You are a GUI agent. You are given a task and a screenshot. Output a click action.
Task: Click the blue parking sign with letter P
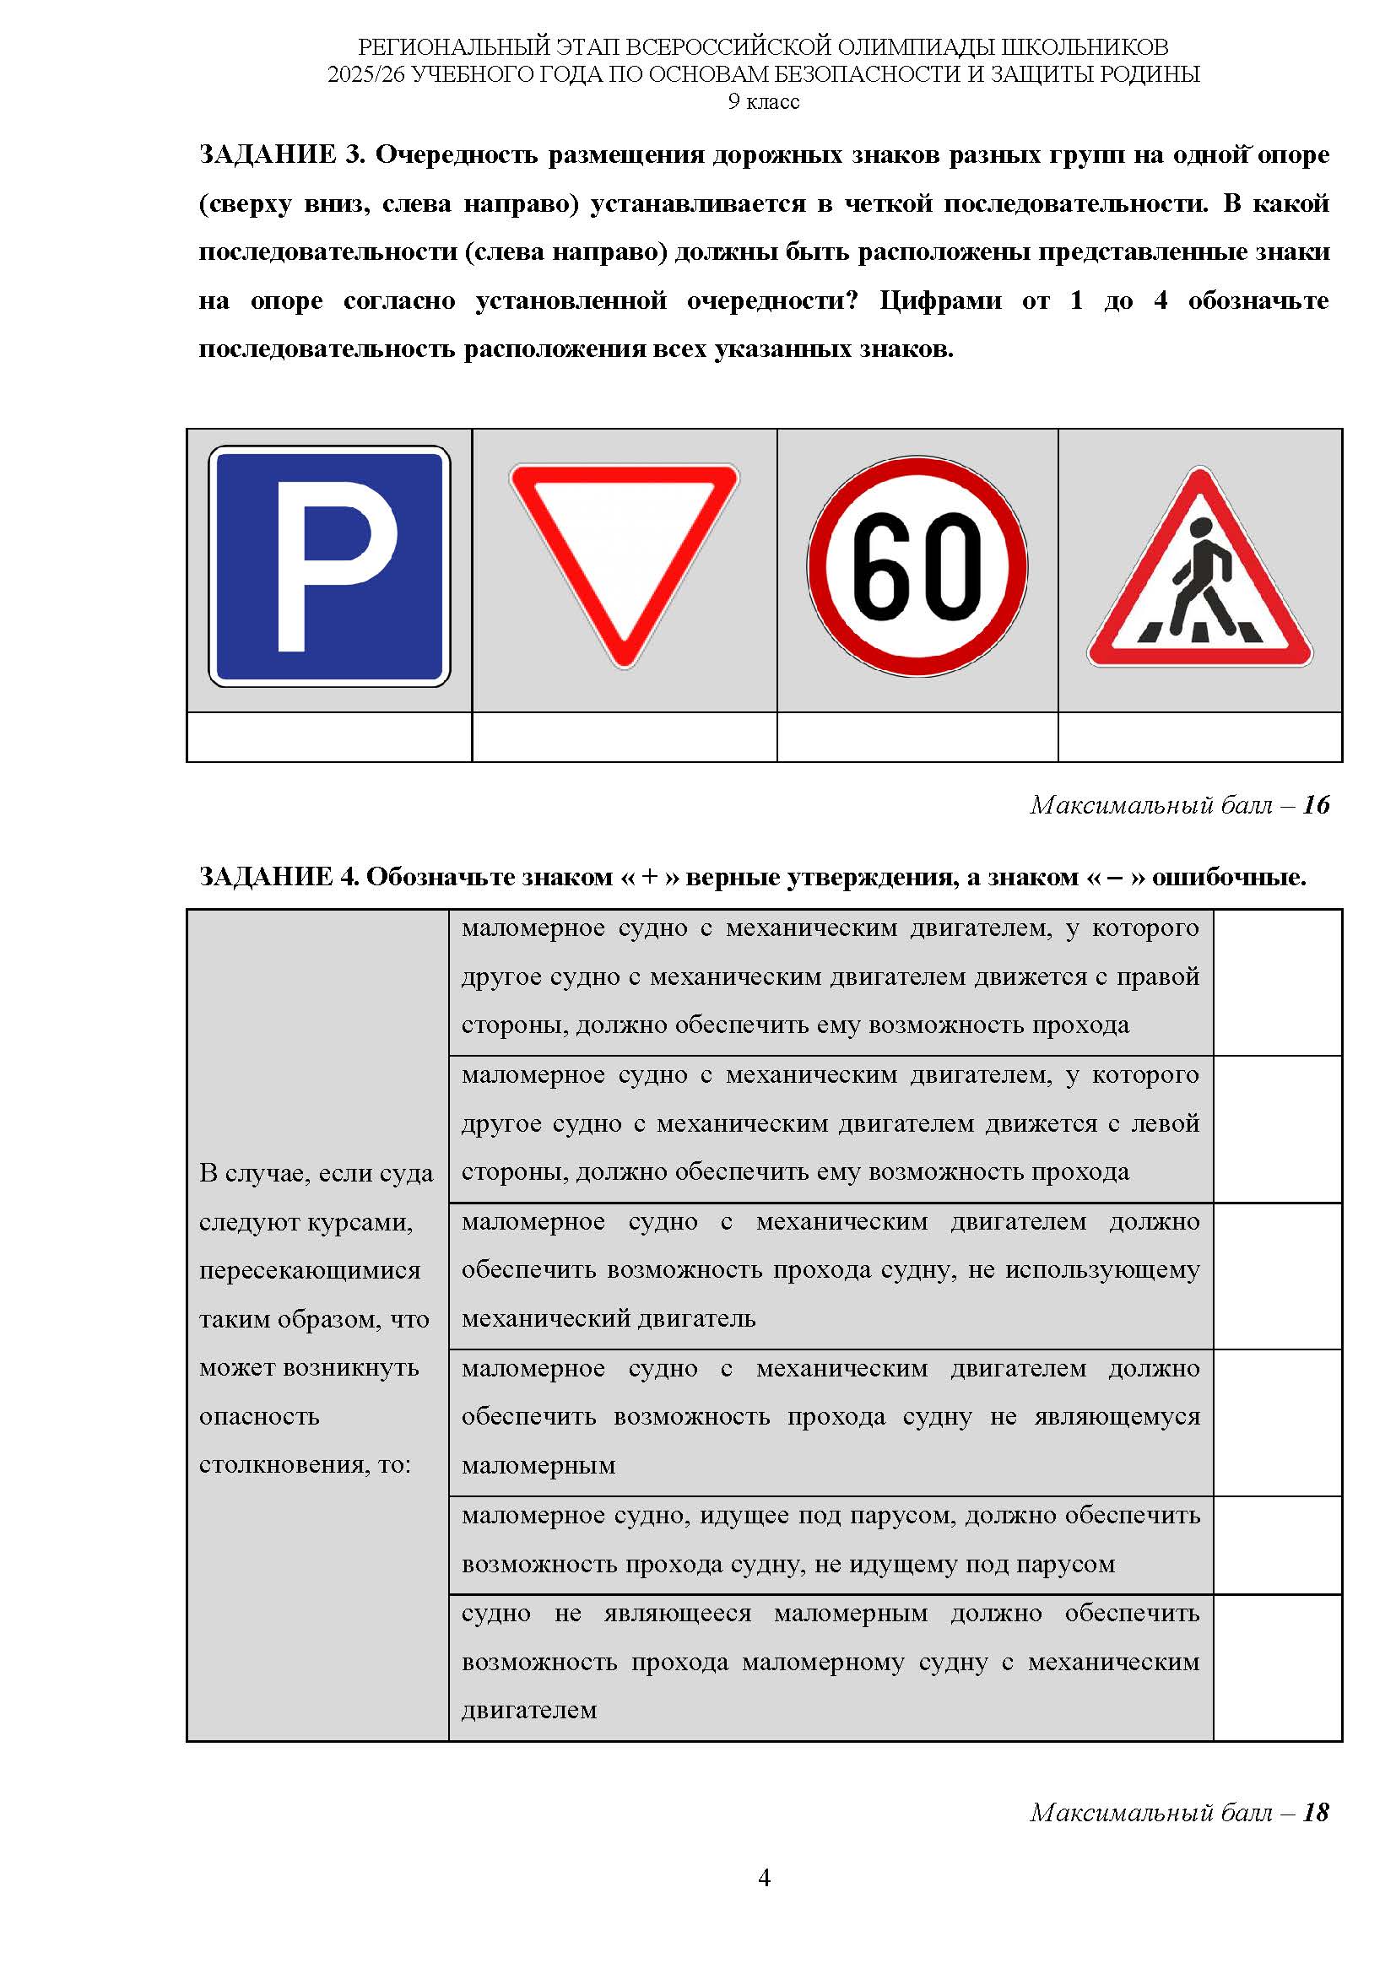329,565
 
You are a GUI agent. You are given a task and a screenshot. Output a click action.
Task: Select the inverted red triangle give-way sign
624,550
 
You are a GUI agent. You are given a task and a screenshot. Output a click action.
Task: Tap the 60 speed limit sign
917,566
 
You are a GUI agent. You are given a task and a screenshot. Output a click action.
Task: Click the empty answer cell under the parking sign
329,737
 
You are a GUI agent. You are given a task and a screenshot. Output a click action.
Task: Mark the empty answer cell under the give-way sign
624,737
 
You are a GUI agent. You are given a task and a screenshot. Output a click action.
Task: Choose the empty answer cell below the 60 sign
917,737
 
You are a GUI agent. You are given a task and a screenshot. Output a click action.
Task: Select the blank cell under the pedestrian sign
1199,737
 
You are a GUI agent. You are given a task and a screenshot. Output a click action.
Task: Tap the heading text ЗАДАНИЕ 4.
278,877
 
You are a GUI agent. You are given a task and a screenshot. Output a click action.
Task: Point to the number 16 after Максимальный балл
1315,805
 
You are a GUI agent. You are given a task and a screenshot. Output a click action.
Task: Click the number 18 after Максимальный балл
1315,1812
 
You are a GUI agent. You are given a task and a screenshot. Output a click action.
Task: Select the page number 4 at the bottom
764,1879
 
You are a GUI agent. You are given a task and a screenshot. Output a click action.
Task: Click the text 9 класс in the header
763,101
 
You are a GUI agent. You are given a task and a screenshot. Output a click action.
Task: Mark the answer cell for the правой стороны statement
1277,982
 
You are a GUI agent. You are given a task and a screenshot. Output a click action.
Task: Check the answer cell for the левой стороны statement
1277,1129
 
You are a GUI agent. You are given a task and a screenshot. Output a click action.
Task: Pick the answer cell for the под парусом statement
1277,1545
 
